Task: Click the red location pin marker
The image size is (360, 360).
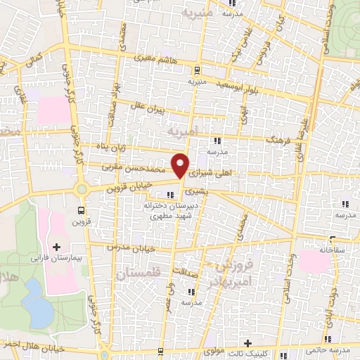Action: tap(181, 165)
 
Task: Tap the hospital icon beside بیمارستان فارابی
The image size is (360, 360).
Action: tap(56, 247)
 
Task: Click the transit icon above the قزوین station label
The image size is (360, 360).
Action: tap(82, 210)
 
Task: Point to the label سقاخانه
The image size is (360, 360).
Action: tap(314, 250)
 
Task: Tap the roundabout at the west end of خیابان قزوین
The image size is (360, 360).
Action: tap(83, 188)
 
